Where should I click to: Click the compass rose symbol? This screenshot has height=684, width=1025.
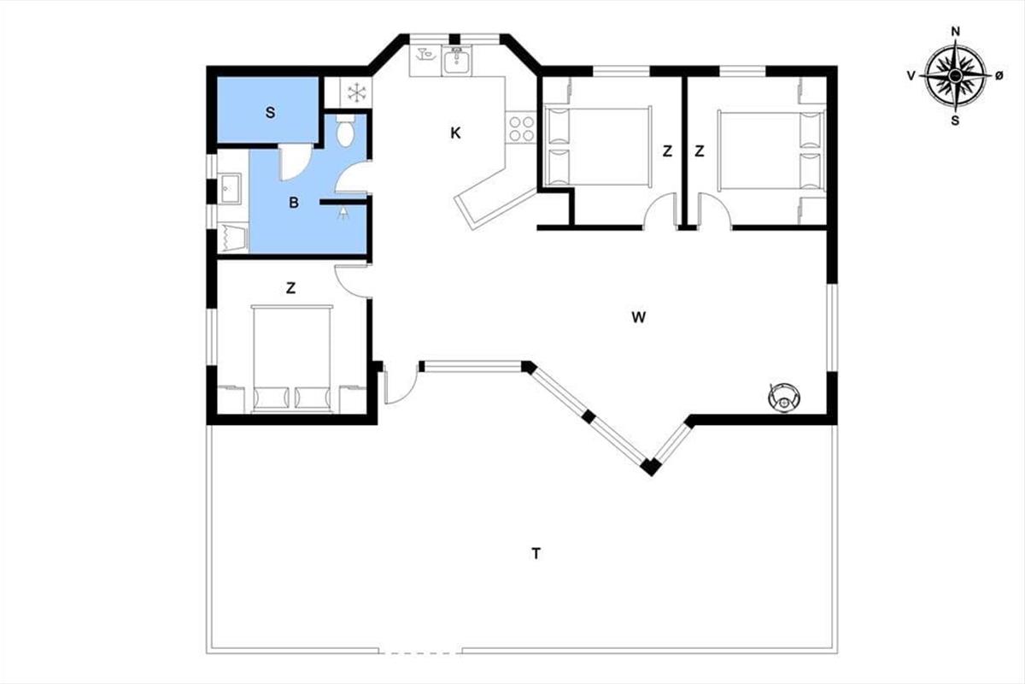click(x=955, y=75)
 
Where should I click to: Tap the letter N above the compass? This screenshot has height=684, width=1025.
click(x=956, y=32)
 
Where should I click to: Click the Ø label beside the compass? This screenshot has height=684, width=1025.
click(x=999, y=76)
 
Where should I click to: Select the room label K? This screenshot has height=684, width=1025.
click(x=455, y=133)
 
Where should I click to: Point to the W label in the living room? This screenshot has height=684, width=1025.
click(x=638, y=317)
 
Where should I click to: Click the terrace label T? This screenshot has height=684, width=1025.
click(x=536, y=553)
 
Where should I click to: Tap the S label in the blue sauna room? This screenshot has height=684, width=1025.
click(x=271, y=113)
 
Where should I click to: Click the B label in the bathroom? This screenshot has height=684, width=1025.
click(x=294, y=203)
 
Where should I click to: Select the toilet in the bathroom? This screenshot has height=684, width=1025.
click(x=345, y=131)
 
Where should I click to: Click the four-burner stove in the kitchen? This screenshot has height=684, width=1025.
click(x=522, y=128)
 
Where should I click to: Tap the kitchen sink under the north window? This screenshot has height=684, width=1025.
click(x=456, y=62)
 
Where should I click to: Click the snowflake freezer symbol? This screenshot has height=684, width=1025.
click(x=356, y=92)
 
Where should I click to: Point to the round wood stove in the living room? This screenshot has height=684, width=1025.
click(x=784, y=398)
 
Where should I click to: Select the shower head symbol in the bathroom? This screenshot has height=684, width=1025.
click(x=343, y=213)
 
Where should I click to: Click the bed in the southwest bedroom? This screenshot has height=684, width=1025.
click(x=292, y=359)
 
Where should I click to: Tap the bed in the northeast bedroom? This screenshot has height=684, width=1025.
click(x=771, y=150)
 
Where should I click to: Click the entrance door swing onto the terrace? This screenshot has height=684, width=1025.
click(x=401, y=384)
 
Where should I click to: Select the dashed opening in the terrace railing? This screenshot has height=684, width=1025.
click(x=420, y=652)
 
